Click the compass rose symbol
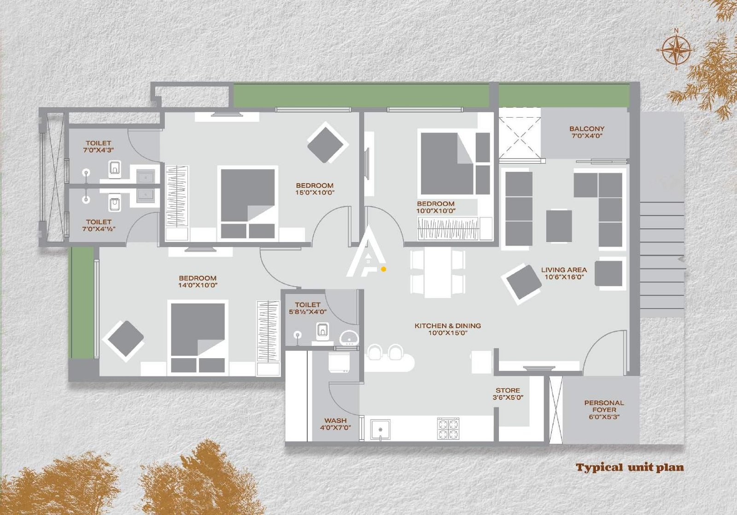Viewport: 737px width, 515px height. coord(676,50)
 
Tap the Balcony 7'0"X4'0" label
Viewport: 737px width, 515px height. coord(586,132)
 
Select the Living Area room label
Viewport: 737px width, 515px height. coord(564,273)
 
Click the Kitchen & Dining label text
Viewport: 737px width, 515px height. coord(447,329)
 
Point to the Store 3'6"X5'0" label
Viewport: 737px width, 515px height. coord(508,393)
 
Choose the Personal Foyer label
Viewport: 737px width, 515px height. coord(604,409)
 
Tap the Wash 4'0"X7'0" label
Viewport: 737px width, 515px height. coord(335,424)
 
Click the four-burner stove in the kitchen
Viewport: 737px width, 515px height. coord(448,428)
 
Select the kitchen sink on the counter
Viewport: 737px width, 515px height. coord(380,429)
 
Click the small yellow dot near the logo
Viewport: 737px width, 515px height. coord(384,269)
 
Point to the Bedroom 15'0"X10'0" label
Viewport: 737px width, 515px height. coord(315,189)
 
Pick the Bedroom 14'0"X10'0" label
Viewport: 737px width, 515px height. coord(198,281)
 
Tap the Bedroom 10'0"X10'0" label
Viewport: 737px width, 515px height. coord(436,207)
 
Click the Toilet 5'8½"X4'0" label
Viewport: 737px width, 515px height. coord(308,308)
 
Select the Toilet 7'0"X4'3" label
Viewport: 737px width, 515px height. coord(99,147)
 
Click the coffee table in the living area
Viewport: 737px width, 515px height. coord(559,226)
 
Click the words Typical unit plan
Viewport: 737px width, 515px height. coord(630,468)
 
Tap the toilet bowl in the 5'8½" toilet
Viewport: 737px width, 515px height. coord(323,330)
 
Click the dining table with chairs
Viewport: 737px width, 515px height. coord(437,273)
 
